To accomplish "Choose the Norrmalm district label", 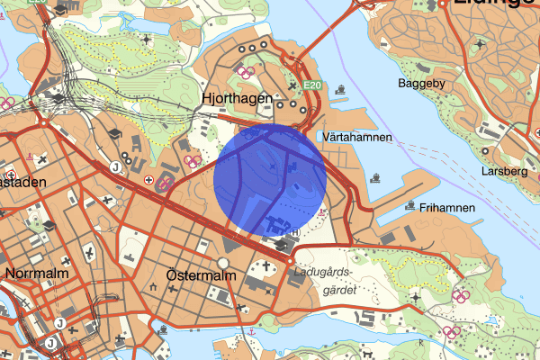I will (x=31, y=273).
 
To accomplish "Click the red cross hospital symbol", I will (x=148, y=180).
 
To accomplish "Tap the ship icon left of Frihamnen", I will (x=410, y=207).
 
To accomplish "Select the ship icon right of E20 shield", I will (x=341, y=88).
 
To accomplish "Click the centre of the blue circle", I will (x=270, y=180).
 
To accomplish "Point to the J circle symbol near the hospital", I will (x=115, y=166).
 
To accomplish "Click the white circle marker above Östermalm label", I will (x=223, y=263).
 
